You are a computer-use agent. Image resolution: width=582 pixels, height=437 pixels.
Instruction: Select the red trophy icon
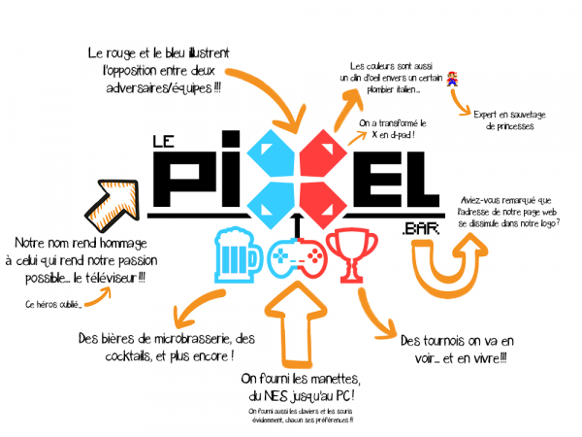[349, 254]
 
